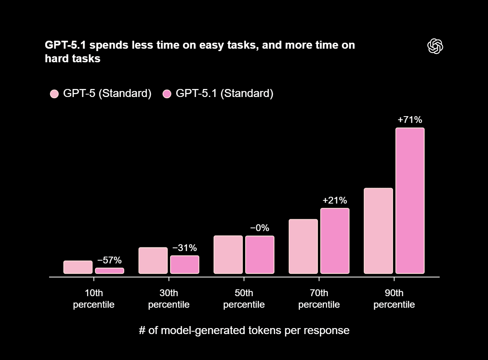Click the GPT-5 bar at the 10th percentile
(x=78, y=267)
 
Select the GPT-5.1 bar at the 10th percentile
(x=109, y=271)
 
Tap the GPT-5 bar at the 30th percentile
(x=153, y=260)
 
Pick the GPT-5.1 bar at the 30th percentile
(x=184, y=264)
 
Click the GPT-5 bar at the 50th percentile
(x=228, y=255)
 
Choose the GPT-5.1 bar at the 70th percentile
(x=335, y=241)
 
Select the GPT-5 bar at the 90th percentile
(x=378, y=231)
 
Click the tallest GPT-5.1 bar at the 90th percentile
(x=410, y=200)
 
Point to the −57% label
(x=109, y=261)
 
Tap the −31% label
(x=184, y=248)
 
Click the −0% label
(x=260, y=228)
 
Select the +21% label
(x=335, y=200)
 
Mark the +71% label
(x=410, y=120)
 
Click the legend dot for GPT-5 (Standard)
(x=54, y=94)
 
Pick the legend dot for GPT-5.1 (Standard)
(x=167, y=94)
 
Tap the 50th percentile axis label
(x=244, y=299)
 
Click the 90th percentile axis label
(x=394, y=299)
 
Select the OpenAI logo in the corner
(x=435, y=46)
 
